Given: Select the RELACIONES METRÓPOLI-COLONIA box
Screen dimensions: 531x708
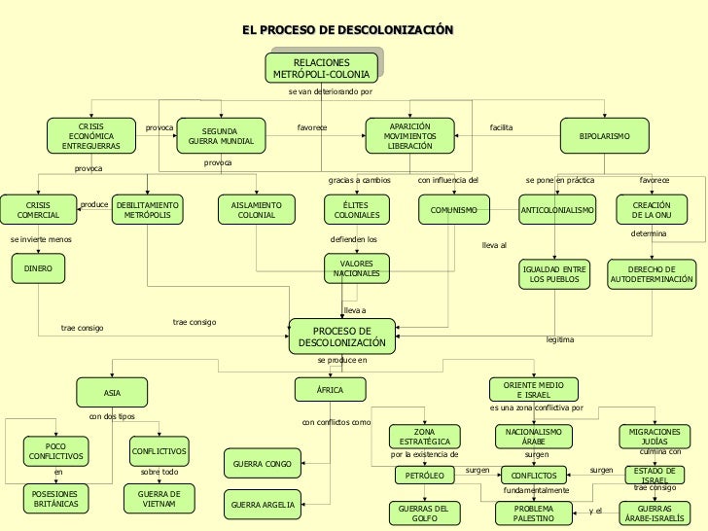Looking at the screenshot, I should pos(321,68).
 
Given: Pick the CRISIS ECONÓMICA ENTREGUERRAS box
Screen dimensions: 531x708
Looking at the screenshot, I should pos(91,136).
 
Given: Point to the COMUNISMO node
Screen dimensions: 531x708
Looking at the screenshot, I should pos(453,210).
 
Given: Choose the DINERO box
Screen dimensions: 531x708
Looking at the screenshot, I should pos(38,267).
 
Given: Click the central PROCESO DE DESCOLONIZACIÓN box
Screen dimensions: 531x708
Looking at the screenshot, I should pos(341,336).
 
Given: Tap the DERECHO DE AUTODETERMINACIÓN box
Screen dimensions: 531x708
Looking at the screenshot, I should pos(652,274).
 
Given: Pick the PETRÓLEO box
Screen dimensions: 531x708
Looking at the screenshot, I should pos(424,476).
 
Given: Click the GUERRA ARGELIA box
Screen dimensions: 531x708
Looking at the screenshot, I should pos(261,506).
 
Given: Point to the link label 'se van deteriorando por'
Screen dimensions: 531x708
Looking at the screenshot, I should pos(331,92).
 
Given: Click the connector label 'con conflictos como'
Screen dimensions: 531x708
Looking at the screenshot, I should pos(336,423).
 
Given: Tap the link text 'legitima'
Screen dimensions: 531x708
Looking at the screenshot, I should pos(560,339).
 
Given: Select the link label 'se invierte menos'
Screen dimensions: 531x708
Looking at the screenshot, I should pos(41,238).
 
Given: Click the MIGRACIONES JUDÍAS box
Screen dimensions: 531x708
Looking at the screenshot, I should pos(655,436).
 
